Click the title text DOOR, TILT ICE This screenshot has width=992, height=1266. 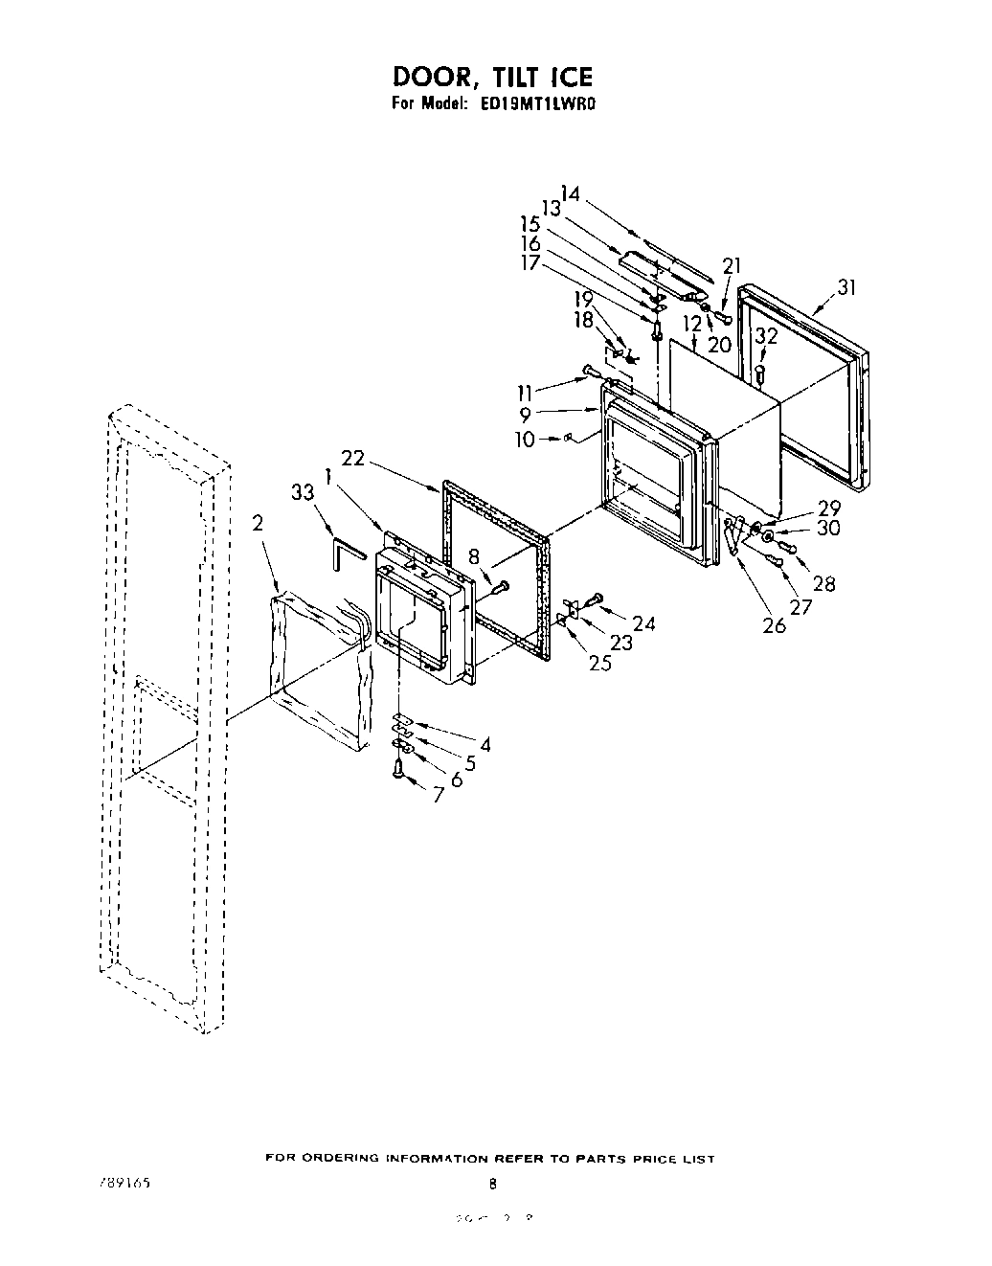tap(492, 77)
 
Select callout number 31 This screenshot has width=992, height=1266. tap(845, 287)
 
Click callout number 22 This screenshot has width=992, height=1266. tap(354, 460)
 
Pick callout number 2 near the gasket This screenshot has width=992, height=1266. tap(259, 523)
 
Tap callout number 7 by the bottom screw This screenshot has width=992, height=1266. tap(440, 794)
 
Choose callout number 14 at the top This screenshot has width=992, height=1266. tap(571, 193)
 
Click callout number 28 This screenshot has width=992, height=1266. tap(823, 584)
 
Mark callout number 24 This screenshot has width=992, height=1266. tap(644, 624)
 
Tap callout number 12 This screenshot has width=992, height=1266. tap(693, 324)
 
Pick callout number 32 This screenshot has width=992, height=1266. tap(765, 335)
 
